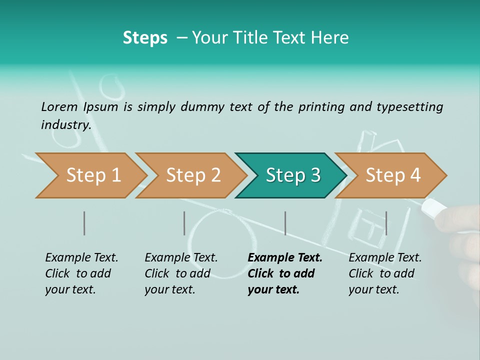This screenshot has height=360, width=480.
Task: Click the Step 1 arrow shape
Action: (x=92, y=175)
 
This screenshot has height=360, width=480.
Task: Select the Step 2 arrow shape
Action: (x=192, y=175)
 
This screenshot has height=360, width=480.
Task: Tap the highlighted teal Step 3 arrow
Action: (x=292, y=175)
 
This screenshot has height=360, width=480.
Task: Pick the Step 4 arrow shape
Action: (x=392, y=175)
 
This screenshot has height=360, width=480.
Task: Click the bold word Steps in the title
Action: (x=145, y=37)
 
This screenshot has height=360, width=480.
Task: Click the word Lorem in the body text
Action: (x=59, y=106)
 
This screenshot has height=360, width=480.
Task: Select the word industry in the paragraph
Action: (x=65, y=124)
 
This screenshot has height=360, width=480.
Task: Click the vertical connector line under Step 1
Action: (x=84, y=223)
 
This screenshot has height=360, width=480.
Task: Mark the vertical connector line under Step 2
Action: (x=184, y=223)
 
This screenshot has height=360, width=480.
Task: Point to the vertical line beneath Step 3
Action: (x=285, y=223)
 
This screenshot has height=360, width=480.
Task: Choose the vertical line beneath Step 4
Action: (x=386, y=223)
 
